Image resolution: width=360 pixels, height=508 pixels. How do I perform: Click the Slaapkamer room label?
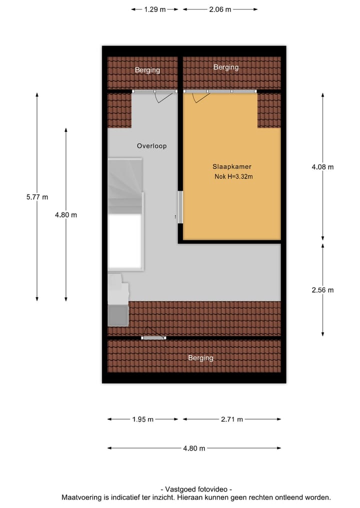231,167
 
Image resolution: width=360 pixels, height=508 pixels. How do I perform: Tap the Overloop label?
151,146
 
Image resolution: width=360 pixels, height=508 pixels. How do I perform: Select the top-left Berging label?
147,70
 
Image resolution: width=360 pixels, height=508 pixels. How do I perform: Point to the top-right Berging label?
226,67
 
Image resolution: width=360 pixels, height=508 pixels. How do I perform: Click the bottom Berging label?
200,358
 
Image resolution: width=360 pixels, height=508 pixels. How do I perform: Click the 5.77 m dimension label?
37,197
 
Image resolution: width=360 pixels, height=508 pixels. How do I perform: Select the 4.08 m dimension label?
322,167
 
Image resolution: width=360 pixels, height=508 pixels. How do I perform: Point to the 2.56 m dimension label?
322,290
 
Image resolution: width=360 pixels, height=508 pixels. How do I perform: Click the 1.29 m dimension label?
154,9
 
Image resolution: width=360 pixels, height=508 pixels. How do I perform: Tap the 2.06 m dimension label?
220,9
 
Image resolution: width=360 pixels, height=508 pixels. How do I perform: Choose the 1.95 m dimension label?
143,420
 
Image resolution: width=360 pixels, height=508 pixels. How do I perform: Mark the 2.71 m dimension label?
232,420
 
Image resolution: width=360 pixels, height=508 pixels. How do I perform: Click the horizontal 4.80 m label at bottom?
194,448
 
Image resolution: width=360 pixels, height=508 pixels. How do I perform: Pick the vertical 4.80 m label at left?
66,215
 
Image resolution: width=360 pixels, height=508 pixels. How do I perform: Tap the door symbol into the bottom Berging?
153,335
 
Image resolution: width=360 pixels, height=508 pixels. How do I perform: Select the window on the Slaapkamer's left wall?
180,208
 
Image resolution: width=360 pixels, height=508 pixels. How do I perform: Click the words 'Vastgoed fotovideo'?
196,490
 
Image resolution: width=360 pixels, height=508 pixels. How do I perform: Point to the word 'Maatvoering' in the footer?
82,498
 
